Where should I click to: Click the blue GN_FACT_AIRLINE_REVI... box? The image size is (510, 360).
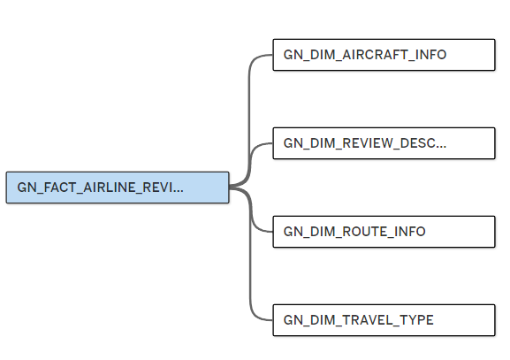[118, 188]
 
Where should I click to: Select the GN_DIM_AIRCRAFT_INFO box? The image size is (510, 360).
[384, 55]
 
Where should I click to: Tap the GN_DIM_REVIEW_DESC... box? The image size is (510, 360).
[384, 143]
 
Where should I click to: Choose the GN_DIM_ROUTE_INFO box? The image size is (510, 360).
[384, 232]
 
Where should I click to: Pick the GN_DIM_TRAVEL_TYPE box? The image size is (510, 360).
[384, 320]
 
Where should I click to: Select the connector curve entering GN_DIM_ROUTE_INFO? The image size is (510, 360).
[250, 209]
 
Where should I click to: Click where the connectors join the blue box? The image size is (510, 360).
[230, 188]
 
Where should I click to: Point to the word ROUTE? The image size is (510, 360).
[364, 232]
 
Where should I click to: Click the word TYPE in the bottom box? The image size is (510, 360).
[417, 320]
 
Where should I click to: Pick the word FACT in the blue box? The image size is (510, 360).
[60, 188]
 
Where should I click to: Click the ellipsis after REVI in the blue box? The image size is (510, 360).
[179, 191]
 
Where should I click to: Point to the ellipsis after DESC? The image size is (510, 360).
[441, 147]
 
